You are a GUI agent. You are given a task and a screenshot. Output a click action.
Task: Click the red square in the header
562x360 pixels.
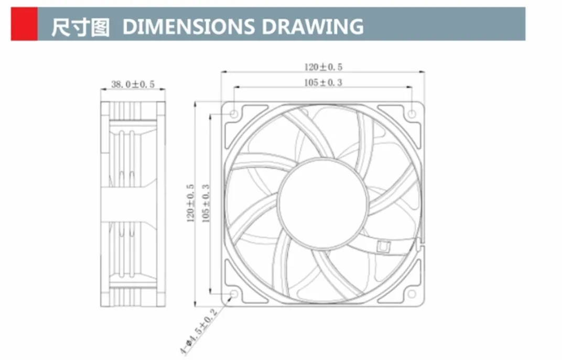(24, 24)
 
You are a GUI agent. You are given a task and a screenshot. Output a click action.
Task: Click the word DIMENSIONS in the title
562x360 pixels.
(189, 27)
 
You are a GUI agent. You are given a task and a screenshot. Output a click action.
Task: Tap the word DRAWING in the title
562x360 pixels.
(312, 27)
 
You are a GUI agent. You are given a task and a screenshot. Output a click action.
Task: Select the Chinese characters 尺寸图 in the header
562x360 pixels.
(80, 27)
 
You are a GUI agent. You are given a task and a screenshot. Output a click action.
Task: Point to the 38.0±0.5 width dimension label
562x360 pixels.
(133, 84)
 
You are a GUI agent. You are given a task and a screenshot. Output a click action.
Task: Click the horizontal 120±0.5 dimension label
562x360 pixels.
(323, 67)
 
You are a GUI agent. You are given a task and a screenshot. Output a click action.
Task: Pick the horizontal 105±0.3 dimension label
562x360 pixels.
(323, 83)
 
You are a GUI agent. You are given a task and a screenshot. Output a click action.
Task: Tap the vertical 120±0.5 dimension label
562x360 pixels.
(190, 203)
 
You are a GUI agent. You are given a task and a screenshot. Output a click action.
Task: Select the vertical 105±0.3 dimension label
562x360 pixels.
(206, 203)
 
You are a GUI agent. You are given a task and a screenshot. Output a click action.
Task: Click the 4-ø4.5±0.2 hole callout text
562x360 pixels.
(198, 332)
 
